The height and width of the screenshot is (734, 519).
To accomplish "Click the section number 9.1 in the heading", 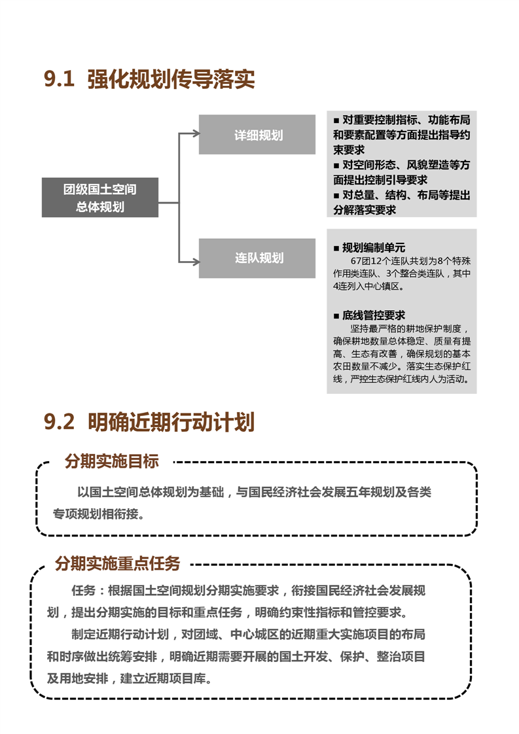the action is click(59, 79).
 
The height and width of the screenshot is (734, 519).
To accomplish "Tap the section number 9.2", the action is click(59, 421).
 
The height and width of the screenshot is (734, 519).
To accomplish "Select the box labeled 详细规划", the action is click(257, 134).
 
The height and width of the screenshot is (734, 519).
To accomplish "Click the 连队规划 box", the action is click(257, 258).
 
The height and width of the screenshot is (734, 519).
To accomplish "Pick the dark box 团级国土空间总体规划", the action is click(99, 197).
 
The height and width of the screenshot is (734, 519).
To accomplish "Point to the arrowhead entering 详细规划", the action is click(196, 134).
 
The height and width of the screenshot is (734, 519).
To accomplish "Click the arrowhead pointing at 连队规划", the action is click(196, 262).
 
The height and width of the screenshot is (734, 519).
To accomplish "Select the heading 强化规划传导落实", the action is click(171, 79).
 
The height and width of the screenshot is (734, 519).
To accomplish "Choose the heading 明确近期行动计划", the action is click(171, 422).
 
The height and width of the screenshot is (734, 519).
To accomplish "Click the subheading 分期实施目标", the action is click(112, 461).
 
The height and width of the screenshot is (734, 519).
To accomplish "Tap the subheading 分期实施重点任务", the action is click(118, 563).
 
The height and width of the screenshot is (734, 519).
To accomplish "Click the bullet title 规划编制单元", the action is click(373, 248).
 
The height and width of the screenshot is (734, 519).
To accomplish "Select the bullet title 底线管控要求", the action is click(373, 315).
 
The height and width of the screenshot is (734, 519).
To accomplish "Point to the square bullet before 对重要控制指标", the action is click(336, 121).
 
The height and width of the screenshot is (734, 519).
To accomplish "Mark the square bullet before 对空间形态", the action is click(336, 166).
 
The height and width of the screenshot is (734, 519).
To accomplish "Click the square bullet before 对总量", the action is click(336, 196).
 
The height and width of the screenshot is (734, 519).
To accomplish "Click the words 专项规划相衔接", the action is click(95, 514).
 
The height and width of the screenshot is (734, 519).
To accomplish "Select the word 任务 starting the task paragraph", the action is click(83, 590).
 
